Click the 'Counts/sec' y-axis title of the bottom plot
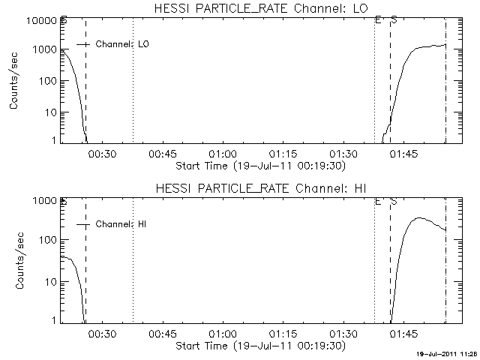tap(15, 260)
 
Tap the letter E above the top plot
tap(377, 20)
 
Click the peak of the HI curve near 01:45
tap(418, 218)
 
